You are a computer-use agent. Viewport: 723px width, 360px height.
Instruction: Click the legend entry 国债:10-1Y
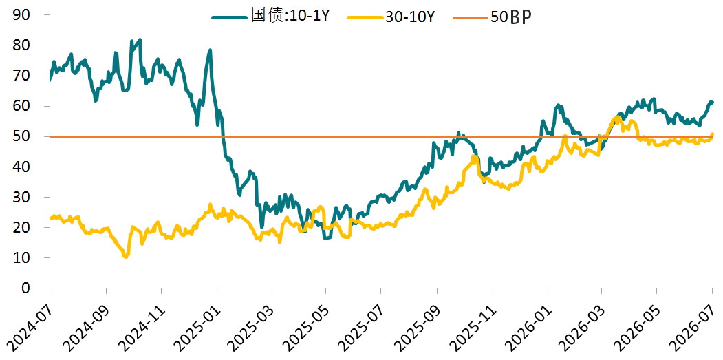tap(271, 17)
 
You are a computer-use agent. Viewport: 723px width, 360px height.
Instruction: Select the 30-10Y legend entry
tap(391, 17)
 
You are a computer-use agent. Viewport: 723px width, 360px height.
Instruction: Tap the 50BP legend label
tap(493, 17)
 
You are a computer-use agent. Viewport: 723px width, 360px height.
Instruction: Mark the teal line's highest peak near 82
tap(140, 40)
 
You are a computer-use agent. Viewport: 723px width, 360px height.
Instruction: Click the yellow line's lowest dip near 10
tap(125, 256)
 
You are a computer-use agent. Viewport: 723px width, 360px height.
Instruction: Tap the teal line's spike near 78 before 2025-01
tap(210, 50)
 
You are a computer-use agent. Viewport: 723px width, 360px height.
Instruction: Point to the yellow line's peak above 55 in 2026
tap(617, 118)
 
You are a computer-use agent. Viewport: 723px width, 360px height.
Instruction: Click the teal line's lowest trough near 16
tap(325, 238)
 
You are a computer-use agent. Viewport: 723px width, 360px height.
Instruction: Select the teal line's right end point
tap(713, 102)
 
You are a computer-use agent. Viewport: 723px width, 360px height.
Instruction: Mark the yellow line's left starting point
tap(50, 218)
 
